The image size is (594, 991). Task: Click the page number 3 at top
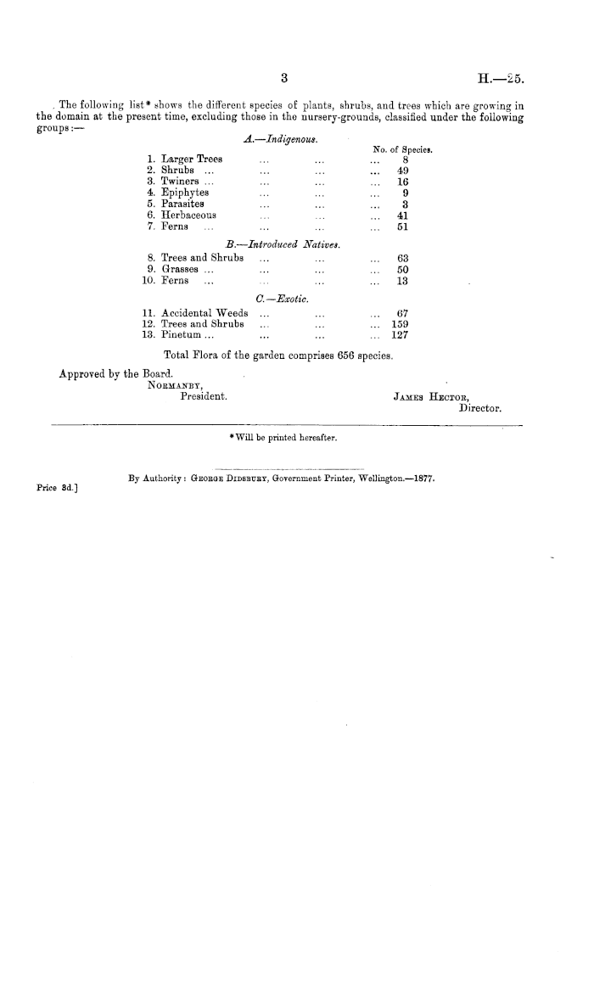[x=286, y=80]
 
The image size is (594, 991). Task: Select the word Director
[x=480, y=407]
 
